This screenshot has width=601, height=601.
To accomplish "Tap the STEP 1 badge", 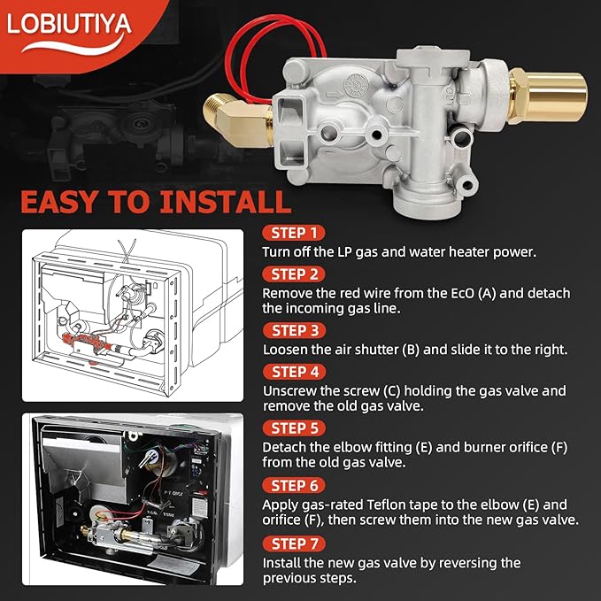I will (x=293, y=234).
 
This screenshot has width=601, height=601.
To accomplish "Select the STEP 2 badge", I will (x=293, y=274).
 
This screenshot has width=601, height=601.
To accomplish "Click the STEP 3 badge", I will (x=293, y=330).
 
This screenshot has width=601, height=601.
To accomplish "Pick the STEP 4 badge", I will (x=293, y=372).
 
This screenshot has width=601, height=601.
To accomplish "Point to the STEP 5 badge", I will (x=293, y=428).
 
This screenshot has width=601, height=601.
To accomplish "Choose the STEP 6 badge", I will (x=293, y=485).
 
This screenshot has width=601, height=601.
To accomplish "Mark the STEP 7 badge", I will (x=293, y=543).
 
